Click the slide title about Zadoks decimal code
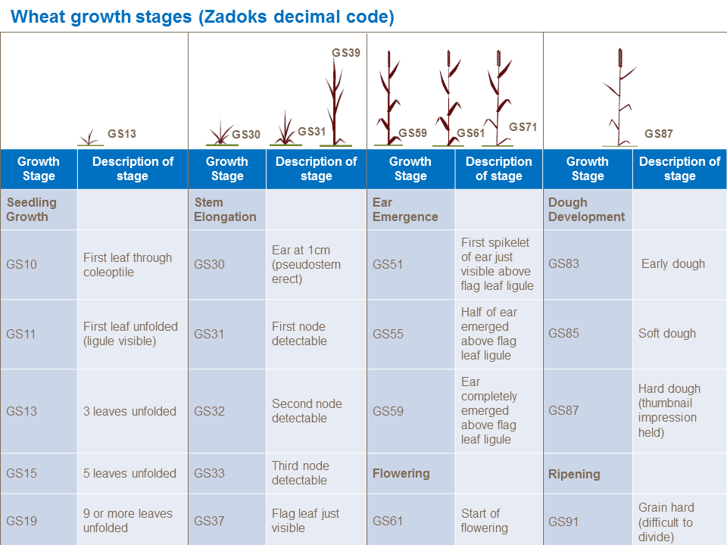click(x=203, y=17)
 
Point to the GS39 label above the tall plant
click(x=346, y=53)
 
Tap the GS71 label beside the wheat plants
click(x=523, y=127)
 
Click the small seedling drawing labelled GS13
click(x=90, y=137)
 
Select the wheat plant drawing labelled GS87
click(x=620, y=98)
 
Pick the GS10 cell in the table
click(x=21, y=265)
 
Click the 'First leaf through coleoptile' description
click(x=127, y=265)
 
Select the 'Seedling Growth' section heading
click(x=32, y=210)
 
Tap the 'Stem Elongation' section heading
click(x=225, y=210)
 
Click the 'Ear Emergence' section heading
click(x=405, y=210)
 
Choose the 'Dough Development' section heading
click(x=586, y=210)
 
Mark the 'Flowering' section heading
click(x=401, y=474)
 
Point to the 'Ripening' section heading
click(x=574, y=475)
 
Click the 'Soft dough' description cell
click(x=666, y=334)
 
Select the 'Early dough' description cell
click(x=672, y=264)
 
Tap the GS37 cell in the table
click(x=209, y=521)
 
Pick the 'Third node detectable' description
click(x=300, y=473)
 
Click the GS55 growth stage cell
click(x=388, y=334)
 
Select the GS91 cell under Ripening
click(x=563, y=522)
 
